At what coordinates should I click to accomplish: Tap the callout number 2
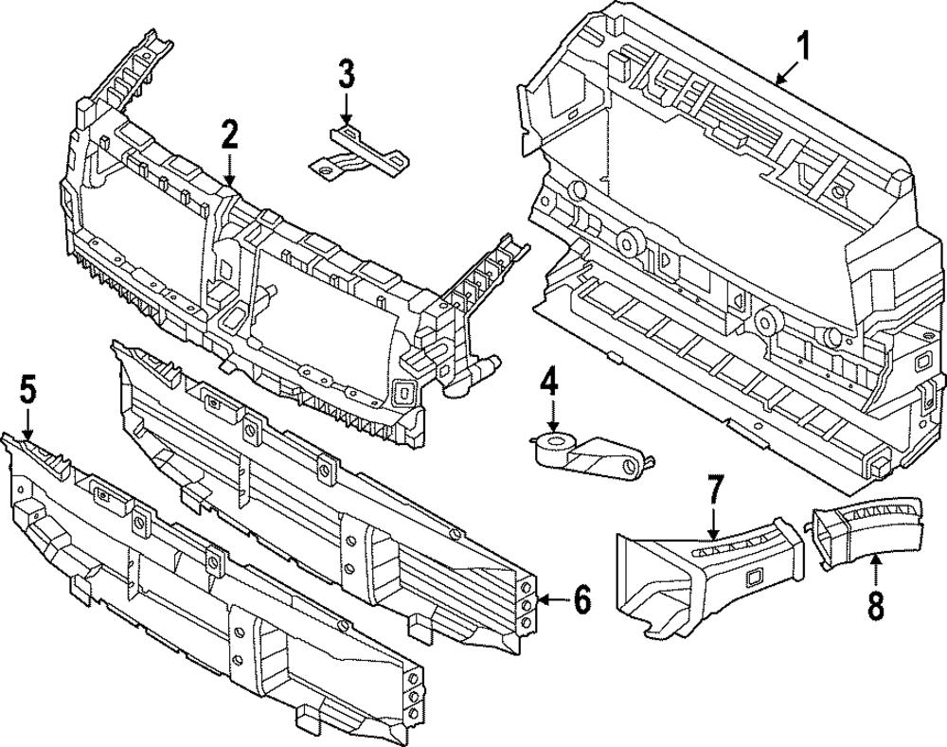(x=229, y=135)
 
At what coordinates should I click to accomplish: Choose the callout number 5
(x=27, y=388)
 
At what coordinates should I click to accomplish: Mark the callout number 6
(x=581, y=598)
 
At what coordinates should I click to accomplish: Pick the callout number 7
(x=715, y=491)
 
